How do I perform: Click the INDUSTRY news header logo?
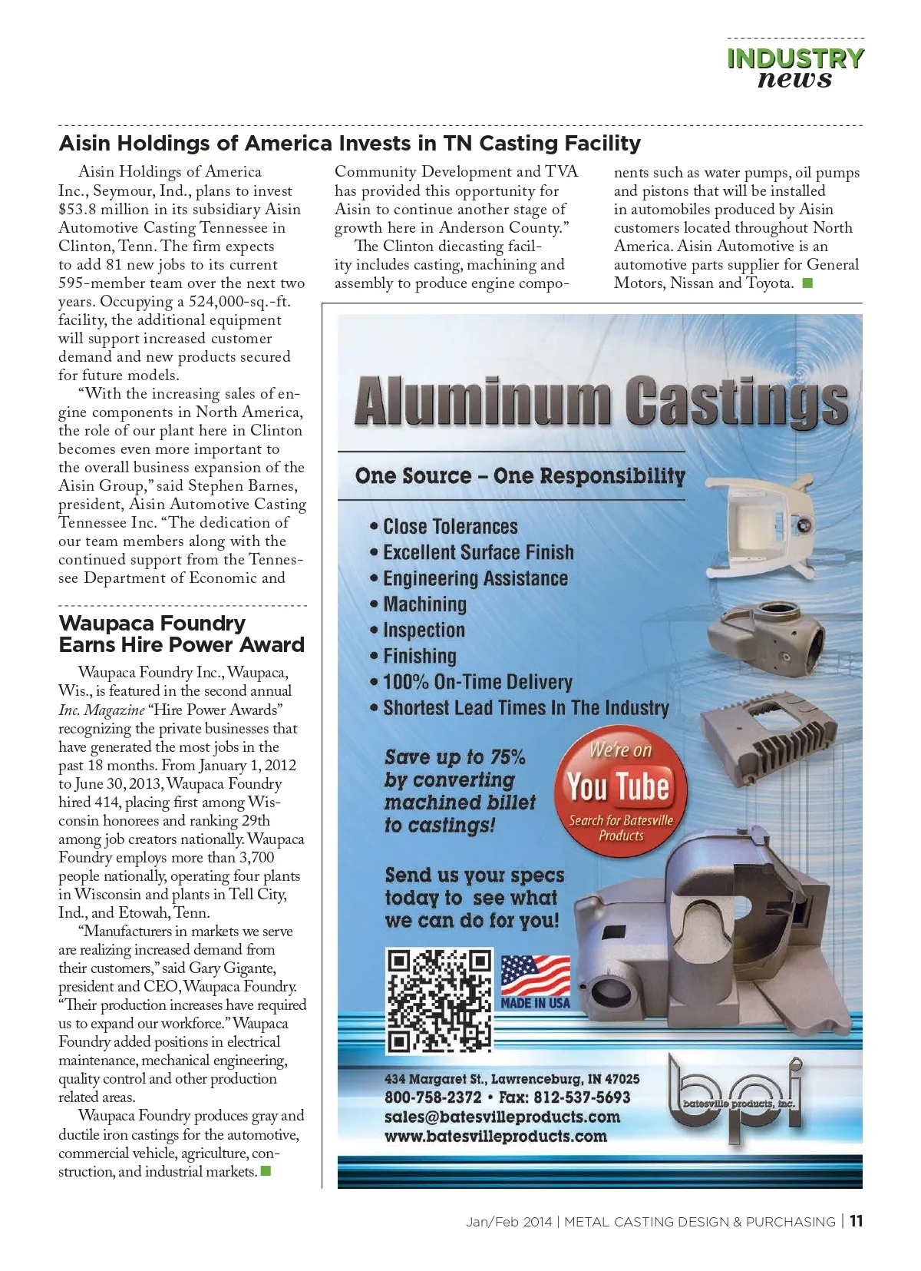click(795, 68)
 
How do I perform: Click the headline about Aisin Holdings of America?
click(350, 144)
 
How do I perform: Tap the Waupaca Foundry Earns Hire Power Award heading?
click(181, 634)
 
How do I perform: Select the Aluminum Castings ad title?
click(601, 401)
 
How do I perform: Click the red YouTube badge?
click(620, 790)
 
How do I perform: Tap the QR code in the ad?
click(439, 1001)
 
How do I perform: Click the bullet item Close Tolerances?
click(450, 527)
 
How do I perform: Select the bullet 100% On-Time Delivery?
click(477, 682)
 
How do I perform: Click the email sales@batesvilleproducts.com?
click(502, 1117)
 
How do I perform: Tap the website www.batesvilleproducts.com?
click(495, 1137)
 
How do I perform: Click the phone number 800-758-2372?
click(433, 1097)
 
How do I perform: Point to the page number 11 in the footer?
click(856, 1221)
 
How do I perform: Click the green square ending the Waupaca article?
click(266, 1171)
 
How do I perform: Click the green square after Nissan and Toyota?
click(807, 283)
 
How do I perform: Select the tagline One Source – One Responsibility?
click(520, 476)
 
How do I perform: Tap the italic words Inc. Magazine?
click(101, 710)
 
